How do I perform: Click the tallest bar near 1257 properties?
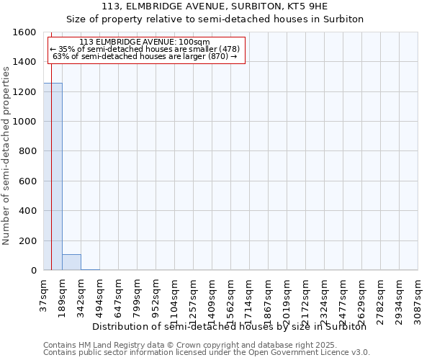pos(53,176)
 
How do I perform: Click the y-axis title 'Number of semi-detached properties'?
pos(6,152)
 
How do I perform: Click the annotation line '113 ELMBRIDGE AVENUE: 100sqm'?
pos(145,42)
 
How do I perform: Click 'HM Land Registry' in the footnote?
pos(104,345)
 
